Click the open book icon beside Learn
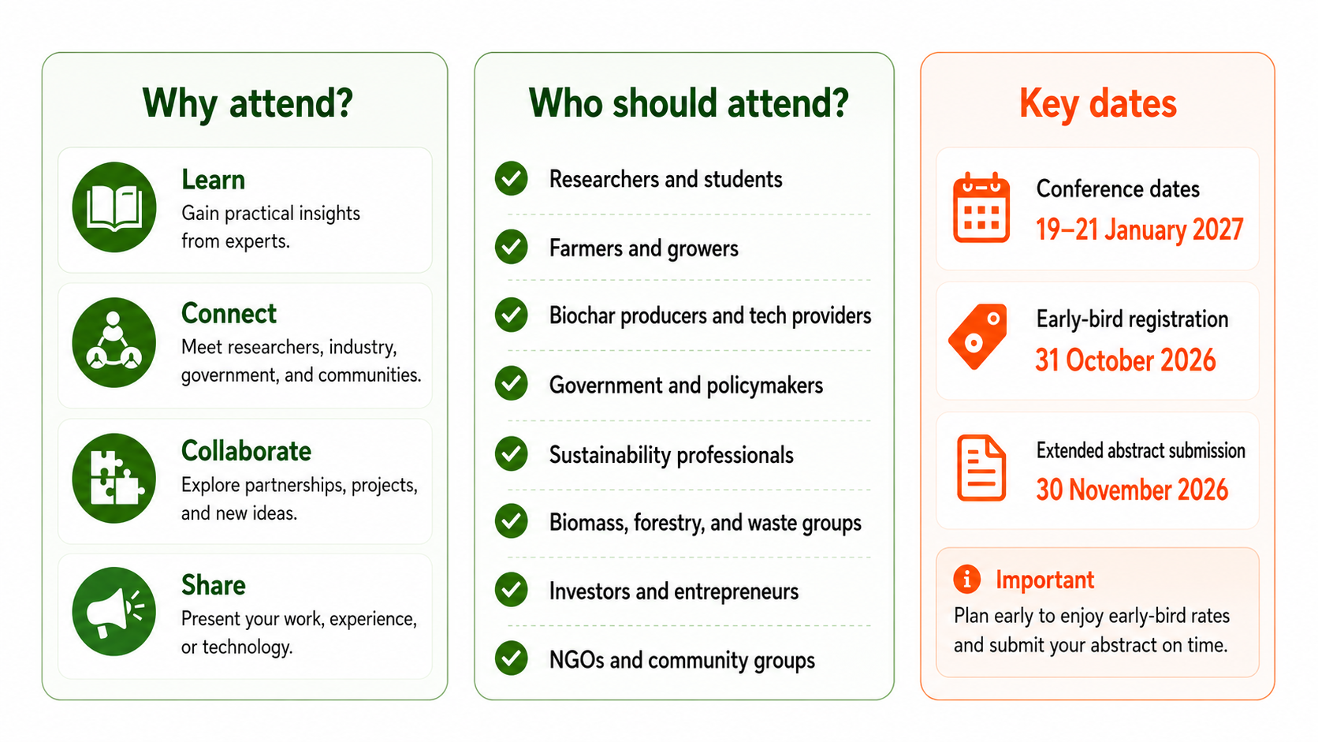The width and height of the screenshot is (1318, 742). tap(114, 207)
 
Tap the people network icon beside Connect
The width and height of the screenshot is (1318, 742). tap(114, 342)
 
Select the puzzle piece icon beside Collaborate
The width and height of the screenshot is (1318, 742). tap(114, 479)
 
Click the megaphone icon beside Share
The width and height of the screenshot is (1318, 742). tap(114, 612)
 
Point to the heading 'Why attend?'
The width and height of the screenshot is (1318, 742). tap(248, 104)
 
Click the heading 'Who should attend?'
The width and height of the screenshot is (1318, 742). tap(688, 103)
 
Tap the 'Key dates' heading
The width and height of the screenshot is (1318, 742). tap(1098, 104)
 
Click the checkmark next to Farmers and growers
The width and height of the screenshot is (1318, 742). tap(512, 247)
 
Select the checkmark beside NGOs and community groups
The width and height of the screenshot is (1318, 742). tap(512, 658)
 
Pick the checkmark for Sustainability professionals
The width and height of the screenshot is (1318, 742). tap(512, 453)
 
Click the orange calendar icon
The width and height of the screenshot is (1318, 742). tap(981, 207)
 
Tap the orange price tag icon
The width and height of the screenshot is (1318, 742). tap(978, 337)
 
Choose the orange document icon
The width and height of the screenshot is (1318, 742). tap(981, 468)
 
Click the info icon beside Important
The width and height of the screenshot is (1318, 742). tap(966, 579)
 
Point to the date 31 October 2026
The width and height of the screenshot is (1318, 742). tap(1125, 360)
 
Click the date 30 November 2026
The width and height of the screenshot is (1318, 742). tap(1132, 490)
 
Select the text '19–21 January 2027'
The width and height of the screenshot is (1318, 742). tap(1139, 229)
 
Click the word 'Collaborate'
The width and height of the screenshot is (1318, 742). tap(246, 451)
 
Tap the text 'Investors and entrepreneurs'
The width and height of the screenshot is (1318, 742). tap(674, 591)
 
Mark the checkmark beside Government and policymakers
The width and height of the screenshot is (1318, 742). tap(512, 384)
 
